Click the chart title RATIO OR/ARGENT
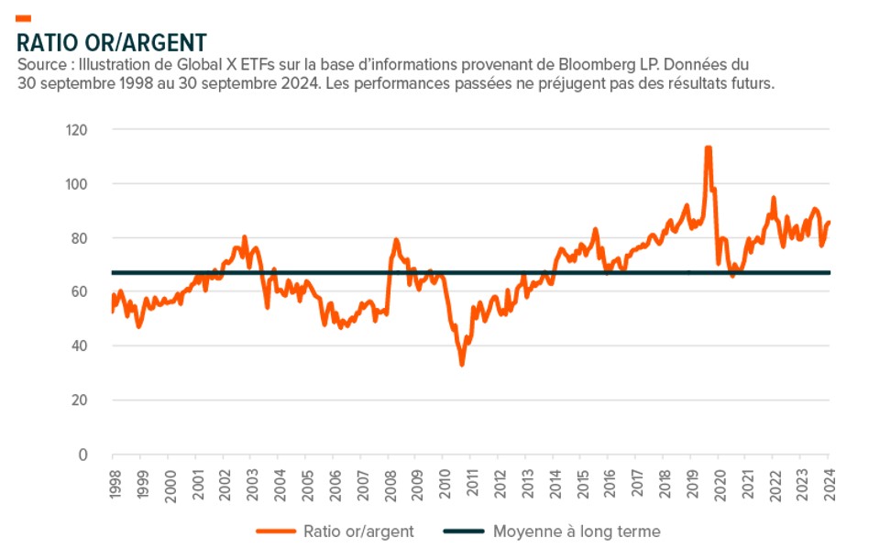pyautogui.click(x=111, y=42)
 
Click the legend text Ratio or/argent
pyautogui.click(x=357, y=532)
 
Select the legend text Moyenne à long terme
pyautogui.click(x=576, y=532)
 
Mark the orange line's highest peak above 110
pyautogui.click(x=708, y=148)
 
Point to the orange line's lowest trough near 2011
pyautogui.click(x=461, y=364)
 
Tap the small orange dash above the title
pyautogui.click(x=24, y=18)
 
